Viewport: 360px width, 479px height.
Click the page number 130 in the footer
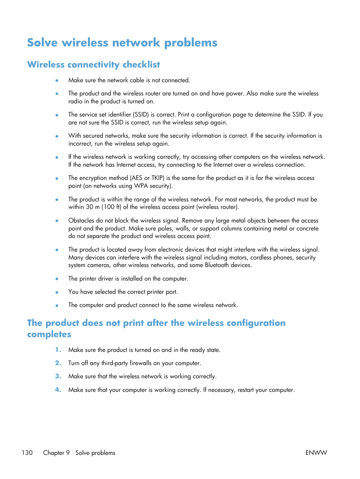click(27, 453)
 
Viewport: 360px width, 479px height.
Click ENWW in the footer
click(316, 453)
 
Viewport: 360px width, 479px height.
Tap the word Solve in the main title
click(42, 43)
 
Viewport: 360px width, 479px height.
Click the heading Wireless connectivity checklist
click(94, 64)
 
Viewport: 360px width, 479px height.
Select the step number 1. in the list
click(58, 350)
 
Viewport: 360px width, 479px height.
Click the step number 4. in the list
click(58, 390)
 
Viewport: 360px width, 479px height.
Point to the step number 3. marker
click(58, 376)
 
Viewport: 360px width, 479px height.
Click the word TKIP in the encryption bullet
click(158, 178)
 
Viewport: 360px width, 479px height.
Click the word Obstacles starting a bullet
click(81, 220)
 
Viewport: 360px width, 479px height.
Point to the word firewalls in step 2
click(140, 363)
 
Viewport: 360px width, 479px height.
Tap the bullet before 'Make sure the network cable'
click(57, 80)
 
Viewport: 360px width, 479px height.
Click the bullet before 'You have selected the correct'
click(57, 292)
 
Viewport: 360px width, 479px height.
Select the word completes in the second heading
click(49, 335)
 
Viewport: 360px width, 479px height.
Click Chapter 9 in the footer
click(56, 453)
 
